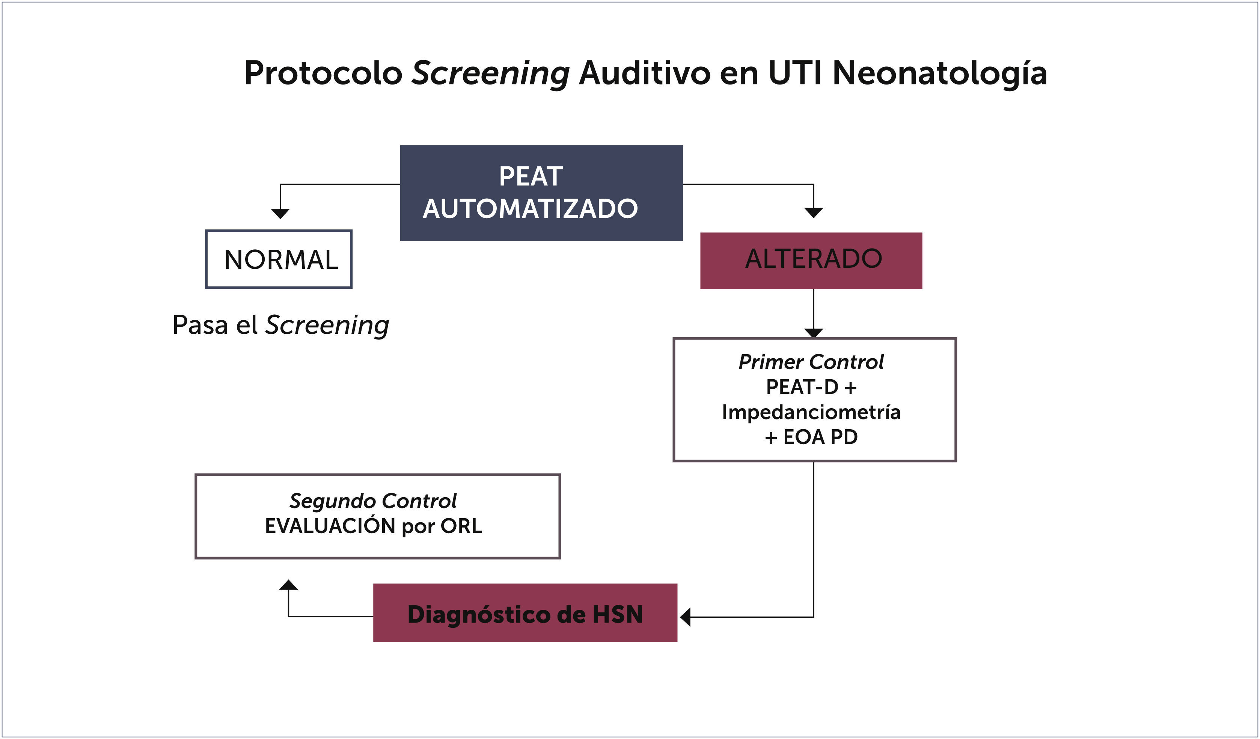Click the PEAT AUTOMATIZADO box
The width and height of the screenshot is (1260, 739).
541,193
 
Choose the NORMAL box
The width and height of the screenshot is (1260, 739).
279,259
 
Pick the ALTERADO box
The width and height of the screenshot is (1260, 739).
811,261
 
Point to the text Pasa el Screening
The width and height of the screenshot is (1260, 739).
280,326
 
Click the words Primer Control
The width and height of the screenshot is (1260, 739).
811,362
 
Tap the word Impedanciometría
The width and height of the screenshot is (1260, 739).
811,412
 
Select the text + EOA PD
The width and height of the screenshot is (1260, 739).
811,437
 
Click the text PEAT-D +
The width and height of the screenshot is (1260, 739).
811,387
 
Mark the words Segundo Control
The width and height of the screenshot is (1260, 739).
373,501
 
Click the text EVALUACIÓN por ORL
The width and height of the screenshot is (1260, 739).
373,526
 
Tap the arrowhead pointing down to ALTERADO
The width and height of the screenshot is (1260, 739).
814,213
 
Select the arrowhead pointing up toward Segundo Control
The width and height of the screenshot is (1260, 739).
288,585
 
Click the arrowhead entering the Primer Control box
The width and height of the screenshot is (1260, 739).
814,333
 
